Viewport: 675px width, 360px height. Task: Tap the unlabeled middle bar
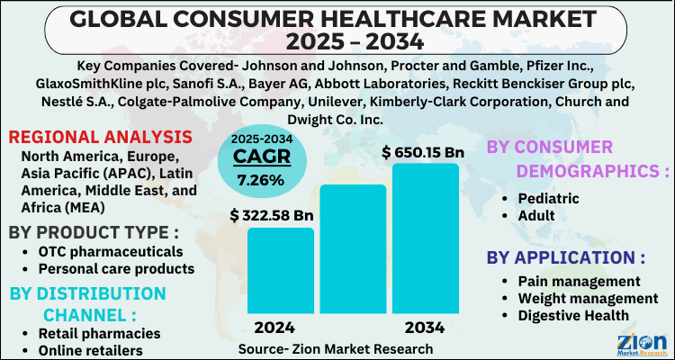coord(353,252)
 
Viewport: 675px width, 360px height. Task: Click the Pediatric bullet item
coord(549,199)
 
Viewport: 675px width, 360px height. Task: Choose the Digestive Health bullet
coord(573,315)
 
